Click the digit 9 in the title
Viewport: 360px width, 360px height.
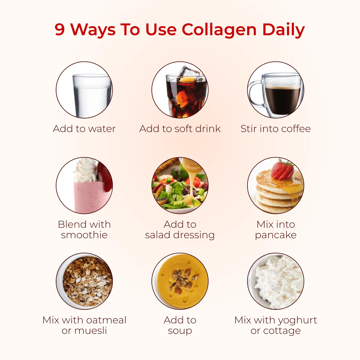click(60, 29)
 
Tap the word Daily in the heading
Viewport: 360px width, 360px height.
click(283, 30)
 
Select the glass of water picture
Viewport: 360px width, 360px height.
click(84, 90)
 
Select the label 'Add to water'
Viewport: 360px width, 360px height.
click(84, 129)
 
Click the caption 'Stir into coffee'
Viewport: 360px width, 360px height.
click(276, 129)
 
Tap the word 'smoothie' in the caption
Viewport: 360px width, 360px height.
click(84, 235)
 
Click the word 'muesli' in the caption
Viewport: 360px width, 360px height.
click(84, 331)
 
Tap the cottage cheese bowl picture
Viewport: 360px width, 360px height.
click(276, 281)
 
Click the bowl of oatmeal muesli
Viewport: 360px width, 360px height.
click(84, 281)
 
